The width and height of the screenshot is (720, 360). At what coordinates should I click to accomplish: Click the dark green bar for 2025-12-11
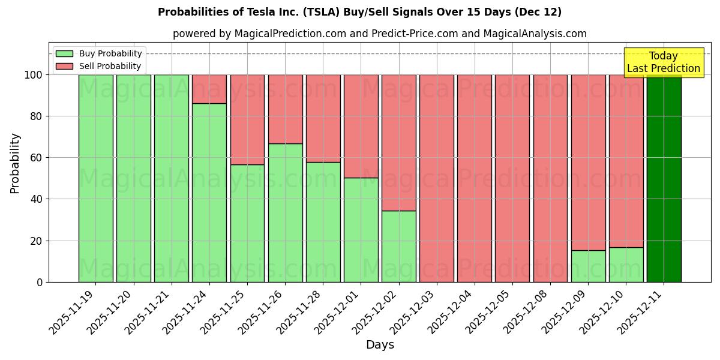(x=664, y=178)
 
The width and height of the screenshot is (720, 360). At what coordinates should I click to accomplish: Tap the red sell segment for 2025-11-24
(x=209, y=89)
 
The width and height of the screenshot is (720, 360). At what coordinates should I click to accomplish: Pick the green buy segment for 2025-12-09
(x=588, y=266)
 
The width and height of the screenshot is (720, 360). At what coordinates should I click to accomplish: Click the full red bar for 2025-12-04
(x=474, y=178)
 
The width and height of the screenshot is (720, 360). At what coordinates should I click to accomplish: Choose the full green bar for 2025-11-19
(x=95, y=178)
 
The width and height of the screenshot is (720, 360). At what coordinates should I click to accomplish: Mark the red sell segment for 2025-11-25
(x=247, y=119)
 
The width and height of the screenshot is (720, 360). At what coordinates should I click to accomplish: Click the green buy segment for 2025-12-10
(x=626, y=265)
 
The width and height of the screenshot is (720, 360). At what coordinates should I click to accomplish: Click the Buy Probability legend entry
(x=99, y=53)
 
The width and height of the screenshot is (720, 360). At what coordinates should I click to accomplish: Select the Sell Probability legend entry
(x=99, y=66)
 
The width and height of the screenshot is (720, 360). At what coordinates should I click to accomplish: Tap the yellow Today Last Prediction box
(x=663, y=62)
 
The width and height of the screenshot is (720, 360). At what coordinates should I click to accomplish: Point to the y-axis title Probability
(x=15, y=163)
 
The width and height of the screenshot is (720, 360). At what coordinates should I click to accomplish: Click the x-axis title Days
(x=380, y=345)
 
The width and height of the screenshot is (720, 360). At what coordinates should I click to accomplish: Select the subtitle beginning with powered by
(x=379, y=34)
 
